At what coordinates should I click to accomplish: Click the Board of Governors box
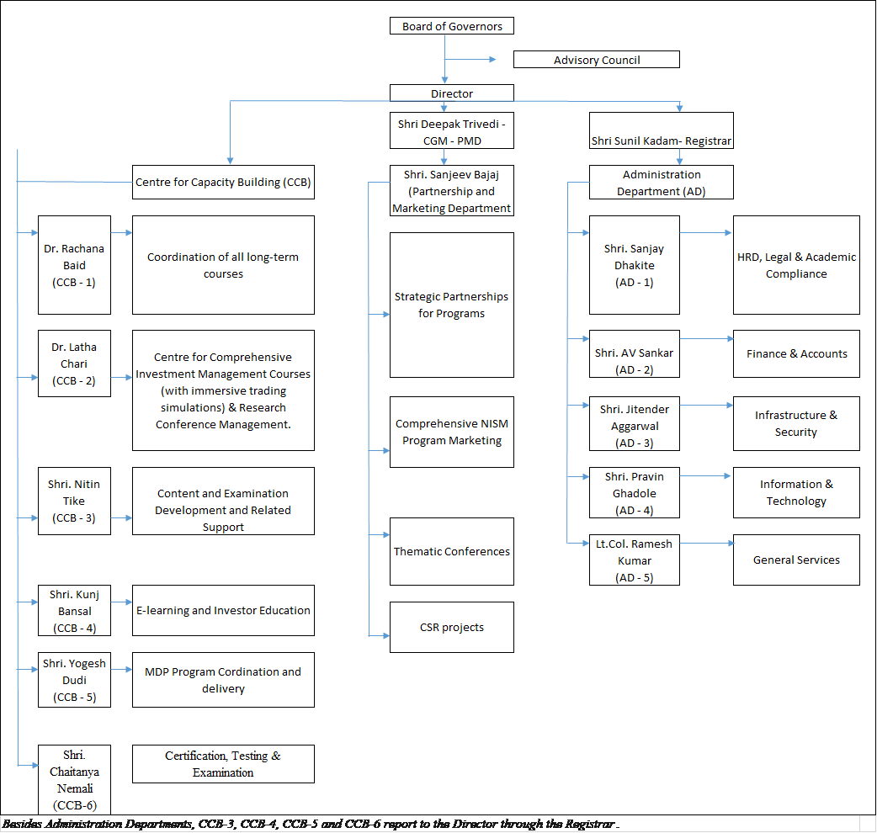tap(452, 26)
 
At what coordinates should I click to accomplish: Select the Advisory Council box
tap(596, 60)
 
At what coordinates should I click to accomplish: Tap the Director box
tap(452, 93)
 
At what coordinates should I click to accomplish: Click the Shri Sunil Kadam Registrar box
tap(661, 131)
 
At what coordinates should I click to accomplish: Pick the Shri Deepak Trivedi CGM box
tap(452, 131)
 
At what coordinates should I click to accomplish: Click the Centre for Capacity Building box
tap(223, 182)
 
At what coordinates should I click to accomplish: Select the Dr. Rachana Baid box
tap(74, 265)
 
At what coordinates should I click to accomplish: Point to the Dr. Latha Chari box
tap(74, 363)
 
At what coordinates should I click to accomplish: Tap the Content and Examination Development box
tap(223, 501)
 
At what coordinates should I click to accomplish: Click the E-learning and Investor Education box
tap(223, 611)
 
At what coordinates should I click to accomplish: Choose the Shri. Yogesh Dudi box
tap(74, 680)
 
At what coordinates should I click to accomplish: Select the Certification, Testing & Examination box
tap(223, 764)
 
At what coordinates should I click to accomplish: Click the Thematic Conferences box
tap(452, 552)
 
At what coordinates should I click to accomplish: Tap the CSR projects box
tap(452, 628)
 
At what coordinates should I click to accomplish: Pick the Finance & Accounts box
tap(796, 354)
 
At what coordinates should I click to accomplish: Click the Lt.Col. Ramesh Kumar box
tap(634, 560)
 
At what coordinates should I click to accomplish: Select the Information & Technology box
tap(796, 493)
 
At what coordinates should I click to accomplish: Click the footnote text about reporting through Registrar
tap(311, 824)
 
